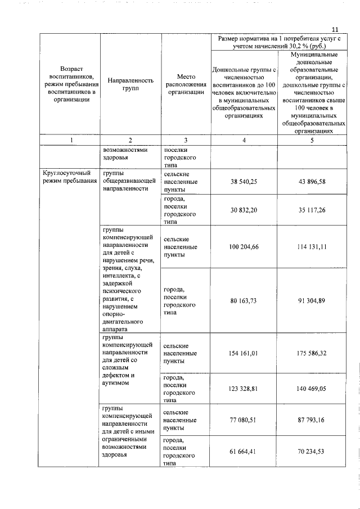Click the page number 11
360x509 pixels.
[335, 29]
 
